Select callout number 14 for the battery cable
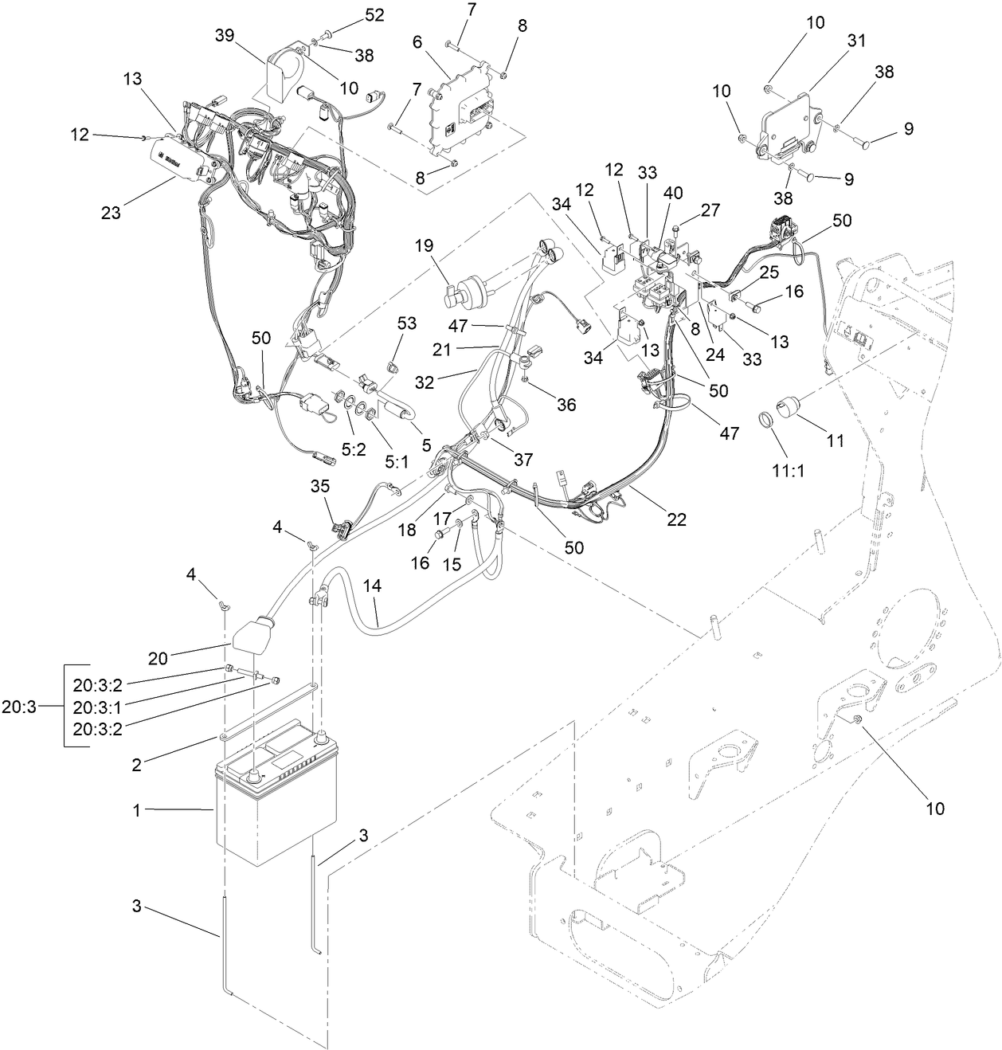pyautogui.click(x=372, y=586)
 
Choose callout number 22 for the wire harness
pyautogui.click(x=677, y=519)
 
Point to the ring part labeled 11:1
pyautogui.click(x=765, y=417)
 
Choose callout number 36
pyautogui.click(x=566, y=405)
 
